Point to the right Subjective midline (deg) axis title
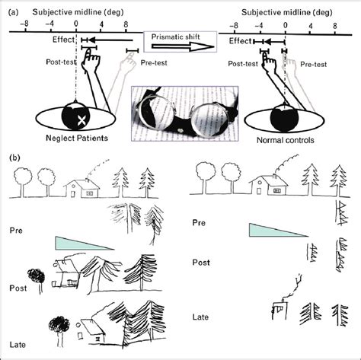click(286, 8)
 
